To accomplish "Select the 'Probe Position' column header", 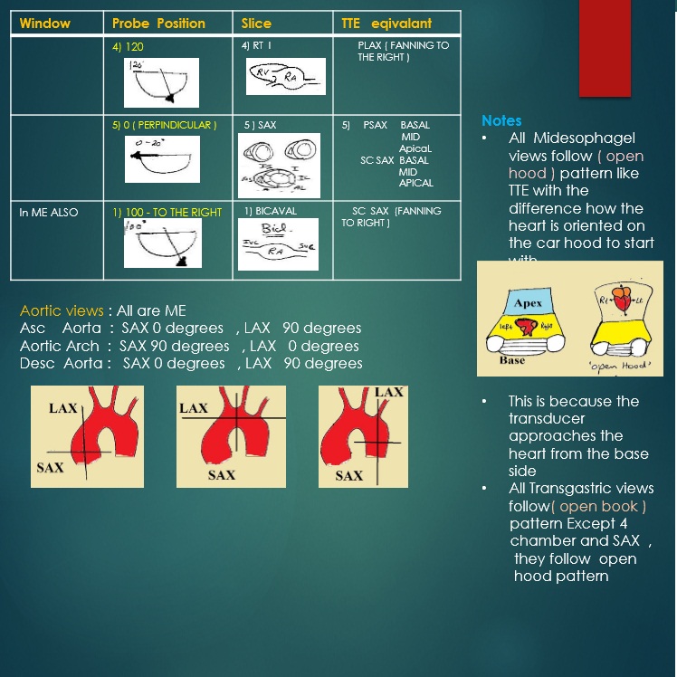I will [158, 23].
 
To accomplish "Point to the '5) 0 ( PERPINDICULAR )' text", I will [164, 125].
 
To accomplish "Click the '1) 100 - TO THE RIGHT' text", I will [167, 212].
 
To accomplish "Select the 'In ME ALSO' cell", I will [49, 213].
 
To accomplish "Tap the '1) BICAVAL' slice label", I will [270, 212].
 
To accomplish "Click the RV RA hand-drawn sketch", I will [285, 77].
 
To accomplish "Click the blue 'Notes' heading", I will [501, 120].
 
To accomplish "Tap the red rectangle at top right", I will [605, 47].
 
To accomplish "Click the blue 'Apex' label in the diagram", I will [528, 303].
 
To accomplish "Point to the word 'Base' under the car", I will [511, 360].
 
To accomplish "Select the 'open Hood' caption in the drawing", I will [625, 367].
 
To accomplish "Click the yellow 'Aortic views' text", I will [62, 310].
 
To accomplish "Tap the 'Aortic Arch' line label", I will [60, 346].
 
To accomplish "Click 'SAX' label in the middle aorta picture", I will [222, 474].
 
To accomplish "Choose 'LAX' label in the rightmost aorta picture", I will [389, 392].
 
